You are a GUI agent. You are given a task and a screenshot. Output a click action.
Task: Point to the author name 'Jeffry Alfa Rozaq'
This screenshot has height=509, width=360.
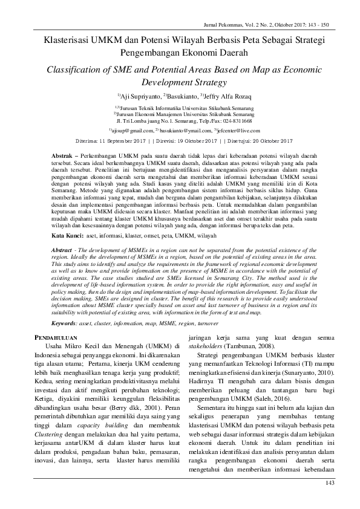tap(224, 96)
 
